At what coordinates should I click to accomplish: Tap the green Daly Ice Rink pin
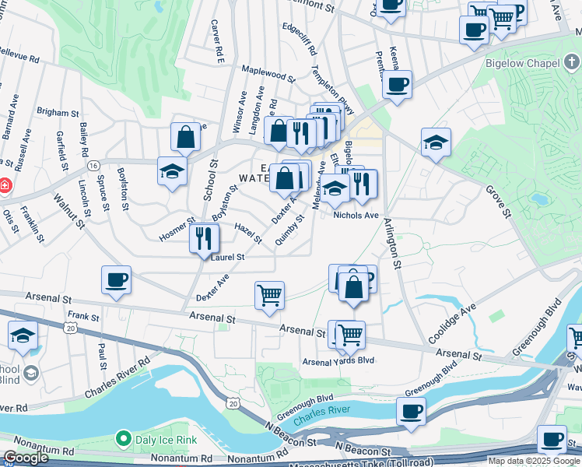click(123, 440)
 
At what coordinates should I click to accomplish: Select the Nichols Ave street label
click(356, 216)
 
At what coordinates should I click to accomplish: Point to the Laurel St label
click(227, 257)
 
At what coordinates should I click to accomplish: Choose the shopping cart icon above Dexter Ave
click(269, 295)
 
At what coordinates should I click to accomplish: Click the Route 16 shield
click(93, 167)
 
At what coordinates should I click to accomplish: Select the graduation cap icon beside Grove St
click(436, 142)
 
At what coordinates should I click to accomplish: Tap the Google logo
click(26, 458)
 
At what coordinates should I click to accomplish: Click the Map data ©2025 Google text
click(535, 462)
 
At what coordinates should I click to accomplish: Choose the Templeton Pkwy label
click(334, 77)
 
